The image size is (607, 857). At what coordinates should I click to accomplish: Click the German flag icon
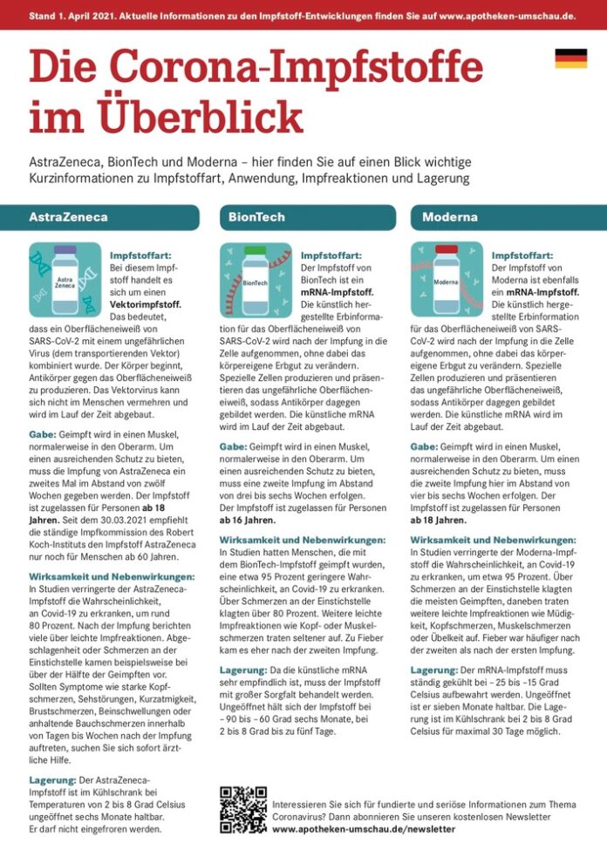tap(570, 58)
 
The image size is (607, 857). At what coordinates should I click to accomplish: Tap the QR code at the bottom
tap(243, 809)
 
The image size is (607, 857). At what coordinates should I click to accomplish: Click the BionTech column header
tap(257, 216)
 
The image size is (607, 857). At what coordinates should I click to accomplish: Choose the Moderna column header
tap(450, 216)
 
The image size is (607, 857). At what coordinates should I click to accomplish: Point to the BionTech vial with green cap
tap(256, 279)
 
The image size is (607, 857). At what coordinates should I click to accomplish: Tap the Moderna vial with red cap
tap(446, 279)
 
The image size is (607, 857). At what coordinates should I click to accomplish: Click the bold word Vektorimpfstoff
tap(146, 305)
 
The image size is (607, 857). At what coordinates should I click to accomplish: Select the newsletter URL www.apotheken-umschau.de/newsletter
tap(364, 829)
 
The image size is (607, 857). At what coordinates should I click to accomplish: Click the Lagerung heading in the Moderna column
tap(433, 670)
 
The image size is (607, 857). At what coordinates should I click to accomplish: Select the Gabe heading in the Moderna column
tap(424, 446)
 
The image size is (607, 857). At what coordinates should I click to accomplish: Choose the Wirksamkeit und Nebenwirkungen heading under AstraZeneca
tap(112, 577)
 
